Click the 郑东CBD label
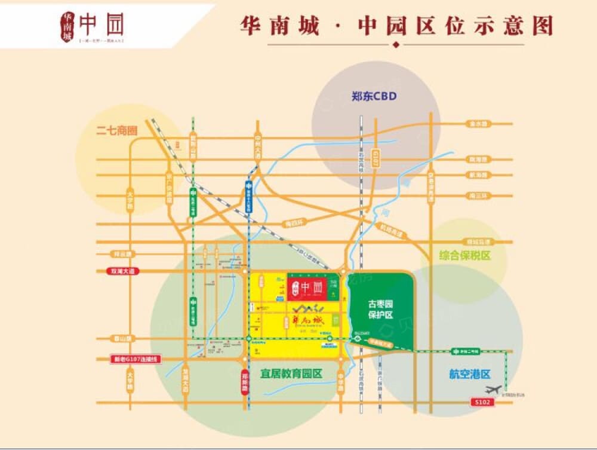374,96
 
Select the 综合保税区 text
464,255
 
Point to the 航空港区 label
469,374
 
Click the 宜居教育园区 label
291,374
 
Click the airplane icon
493,390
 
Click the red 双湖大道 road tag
124,271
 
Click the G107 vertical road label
376,158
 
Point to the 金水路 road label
478,124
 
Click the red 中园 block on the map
307,287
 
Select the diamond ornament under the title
396,45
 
